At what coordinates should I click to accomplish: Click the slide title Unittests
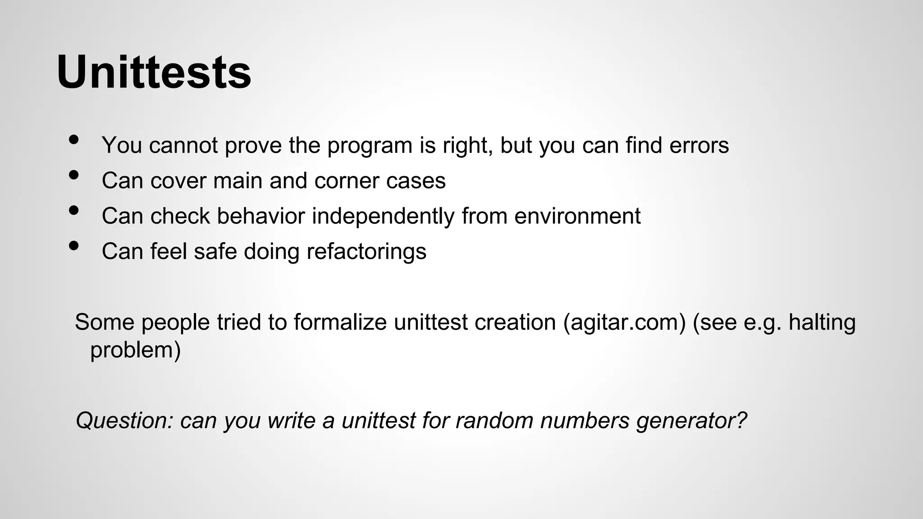click(x=154, y=73)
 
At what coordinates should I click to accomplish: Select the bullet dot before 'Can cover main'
click(x=74, y=175)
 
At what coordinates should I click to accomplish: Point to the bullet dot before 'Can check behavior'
click(x=74, y=210)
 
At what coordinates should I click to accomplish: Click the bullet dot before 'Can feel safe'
click(x=74, y=246)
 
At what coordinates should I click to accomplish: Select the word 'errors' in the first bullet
click(x=699, y=146)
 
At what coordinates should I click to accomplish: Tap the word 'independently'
click(x=383, y=216)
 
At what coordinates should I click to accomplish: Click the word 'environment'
click(x=577, y=216)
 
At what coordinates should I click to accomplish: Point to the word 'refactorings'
click(x=366, y=251)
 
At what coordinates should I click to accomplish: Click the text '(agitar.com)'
click(x=624, y=323)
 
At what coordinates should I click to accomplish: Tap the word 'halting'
click(x=822, y=323)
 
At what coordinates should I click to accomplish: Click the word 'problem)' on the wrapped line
click(x=135, y=350)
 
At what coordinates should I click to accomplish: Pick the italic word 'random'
click(x=494, y=421)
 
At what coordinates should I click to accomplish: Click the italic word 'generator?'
click(x=692, y=421)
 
